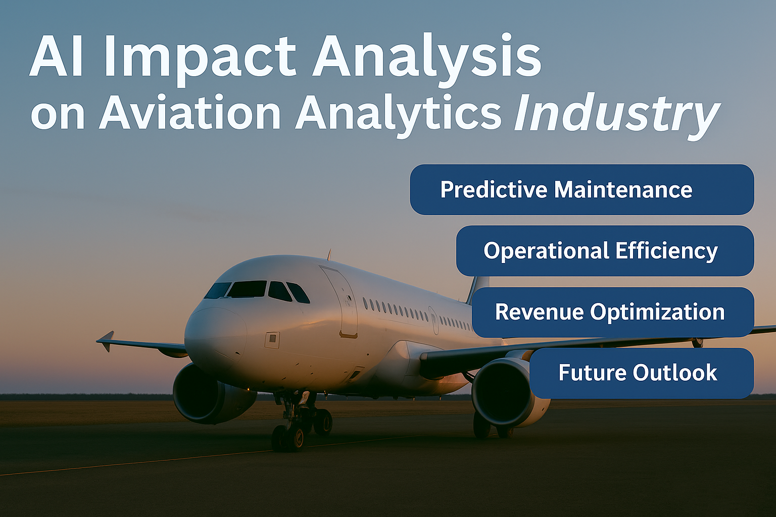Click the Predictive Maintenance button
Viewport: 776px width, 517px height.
(x=582, y=189)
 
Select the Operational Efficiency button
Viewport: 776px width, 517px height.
(x=605, y=251)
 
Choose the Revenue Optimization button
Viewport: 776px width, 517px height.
(x=613, y=312)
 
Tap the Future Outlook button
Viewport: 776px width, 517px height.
(x=642, y=373)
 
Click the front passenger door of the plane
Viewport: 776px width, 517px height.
(x=339, y=301)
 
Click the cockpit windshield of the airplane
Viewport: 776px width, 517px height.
(x=257, y=290)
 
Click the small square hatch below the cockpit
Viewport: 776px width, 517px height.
(x=272, y=340)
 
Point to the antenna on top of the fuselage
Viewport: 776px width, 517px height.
(x=329, y=254)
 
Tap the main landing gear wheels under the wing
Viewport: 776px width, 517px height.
(x=492, y=426)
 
